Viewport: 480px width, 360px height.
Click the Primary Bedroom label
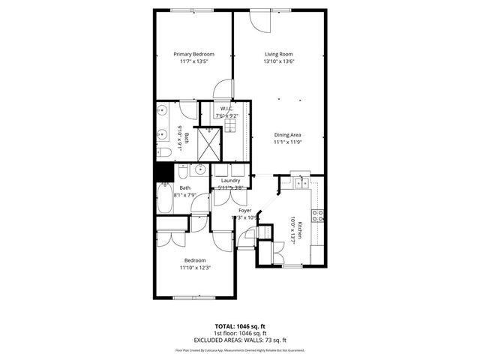193,54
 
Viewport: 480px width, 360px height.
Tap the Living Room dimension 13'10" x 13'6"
278,62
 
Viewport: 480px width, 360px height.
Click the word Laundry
230,181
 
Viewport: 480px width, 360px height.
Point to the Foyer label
244,211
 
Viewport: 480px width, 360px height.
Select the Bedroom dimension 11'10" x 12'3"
194,268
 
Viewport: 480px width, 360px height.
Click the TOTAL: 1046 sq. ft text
241,327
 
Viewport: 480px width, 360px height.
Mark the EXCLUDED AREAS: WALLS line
241,339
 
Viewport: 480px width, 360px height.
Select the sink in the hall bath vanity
192,169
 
